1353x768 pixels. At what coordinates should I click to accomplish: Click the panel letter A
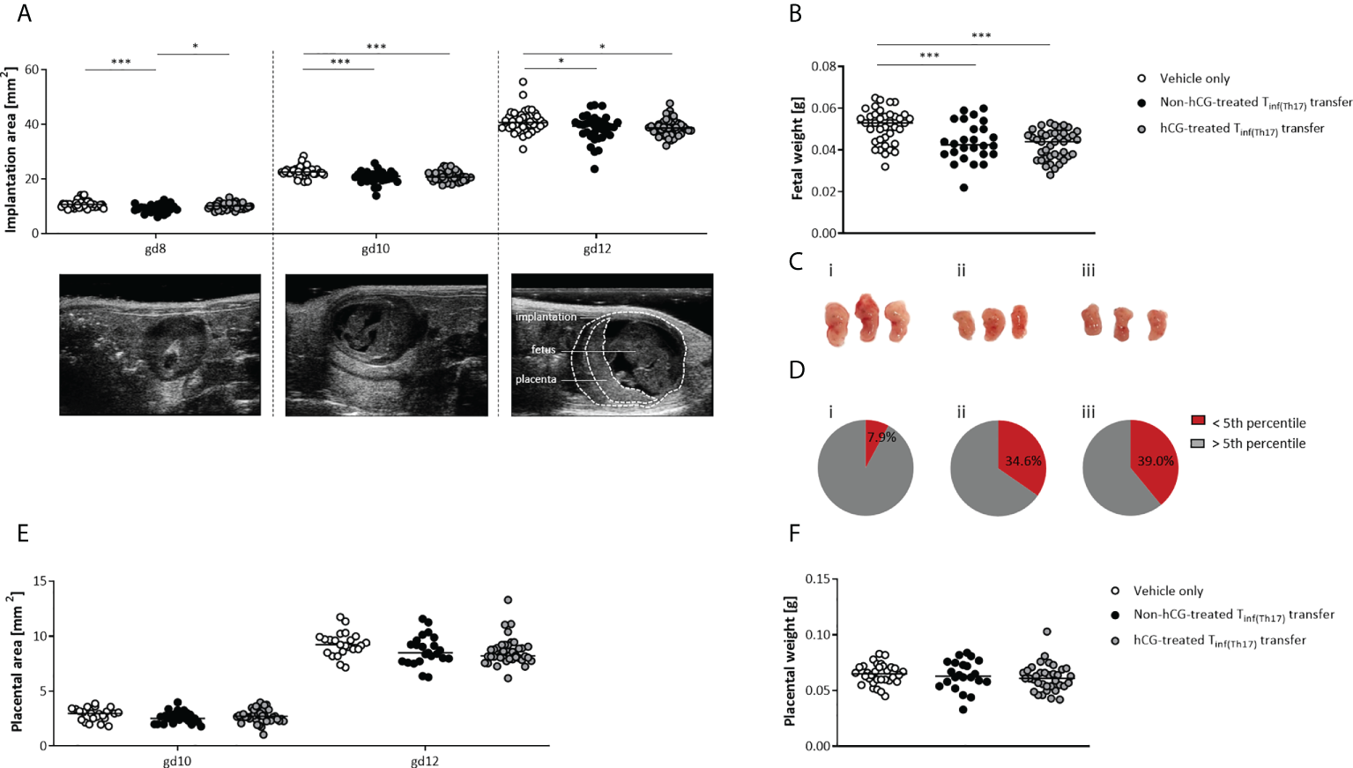[x=24, y=13]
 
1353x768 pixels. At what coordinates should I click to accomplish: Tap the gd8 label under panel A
[x=155, y=249]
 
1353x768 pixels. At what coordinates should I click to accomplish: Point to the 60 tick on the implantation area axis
[x=31, y=70]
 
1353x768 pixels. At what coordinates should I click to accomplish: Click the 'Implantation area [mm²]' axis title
[x=11, y=150]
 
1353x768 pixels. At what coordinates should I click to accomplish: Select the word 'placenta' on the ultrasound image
[x=536, y=379]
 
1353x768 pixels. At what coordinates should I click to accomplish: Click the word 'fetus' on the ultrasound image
[x=543, y=350]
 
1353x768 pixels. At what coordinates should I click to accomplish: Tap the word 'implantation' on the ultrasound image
[x=546, y=317]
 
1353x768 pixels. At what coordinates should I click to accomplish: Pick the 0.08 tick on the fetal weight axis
[x=824, y=66]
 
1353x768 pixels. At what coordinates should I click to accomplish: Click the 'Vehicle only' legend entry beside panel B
[x=1193, y=78]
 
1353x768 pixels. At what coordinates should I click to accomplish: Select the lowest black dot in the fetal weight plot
[x=964, y=187]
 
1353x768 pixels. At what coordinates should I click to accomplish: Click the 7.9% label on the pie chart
[x=881, y=437]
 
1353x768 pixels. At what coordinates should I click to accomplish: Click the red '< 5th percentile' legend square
[x=1198, y=421]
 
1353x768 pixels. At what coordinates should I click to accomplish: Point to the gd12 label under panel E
[x=424, y=761]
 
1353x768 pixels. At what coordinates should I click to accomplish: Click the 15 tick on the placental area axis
[x=40, y=581]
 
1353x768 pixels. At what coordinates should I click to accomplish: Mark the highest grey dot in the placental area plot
[x=508, y=600]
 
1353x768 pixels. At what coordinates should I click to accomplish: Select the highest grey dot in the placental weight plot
[x=1046, y=631]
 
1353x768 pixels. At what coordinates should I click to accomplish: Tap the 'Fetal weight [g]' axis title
[x=798, y=150]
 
